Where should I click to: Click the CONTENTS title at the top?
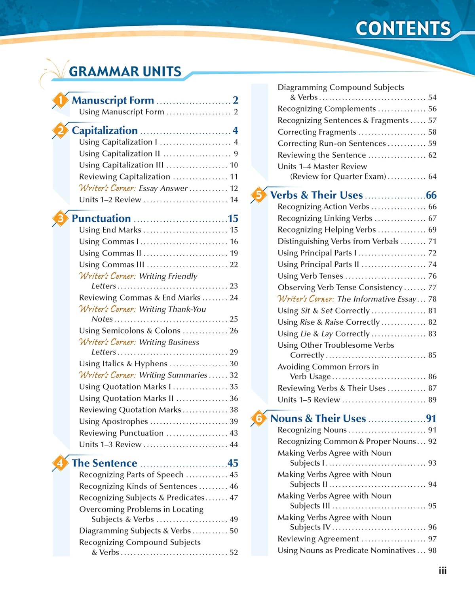(403, 29)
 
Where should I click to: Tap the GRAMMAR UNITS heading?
(125, 72)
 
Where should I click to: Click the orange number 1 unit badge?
(60, 100)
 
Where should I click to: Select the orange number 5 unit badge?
(259, 195)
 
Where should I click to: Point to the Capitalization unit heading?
(104, 130)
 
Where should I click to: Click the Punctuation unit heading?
(101, 218)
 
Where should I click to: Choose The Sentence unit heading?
(104, 463)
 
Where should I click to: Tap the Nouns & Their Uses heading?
(318, 418)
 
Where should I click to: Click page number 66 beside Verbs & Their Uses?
(431, 195)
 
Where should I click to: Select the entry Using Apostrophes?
(113, 421)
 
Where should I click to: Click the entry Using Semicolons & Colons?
(129, 330)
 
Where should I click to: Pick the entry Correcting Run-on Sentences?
(331, 143)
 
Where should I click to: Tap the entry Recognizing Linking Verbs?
(325, 218)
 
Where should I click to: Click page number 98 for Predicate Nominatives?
(432, 550)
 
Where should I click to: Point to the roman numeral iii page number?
(443, 571)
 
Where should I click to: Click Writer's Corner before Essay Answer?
(107, 188)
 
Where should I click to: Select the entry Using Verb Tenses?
(310, 276)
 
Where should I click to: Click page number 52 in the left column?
(234, 552)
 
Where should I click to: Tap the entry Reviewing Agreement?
(318, 539)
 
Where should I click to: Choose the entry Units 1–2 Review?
(110, 200)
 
